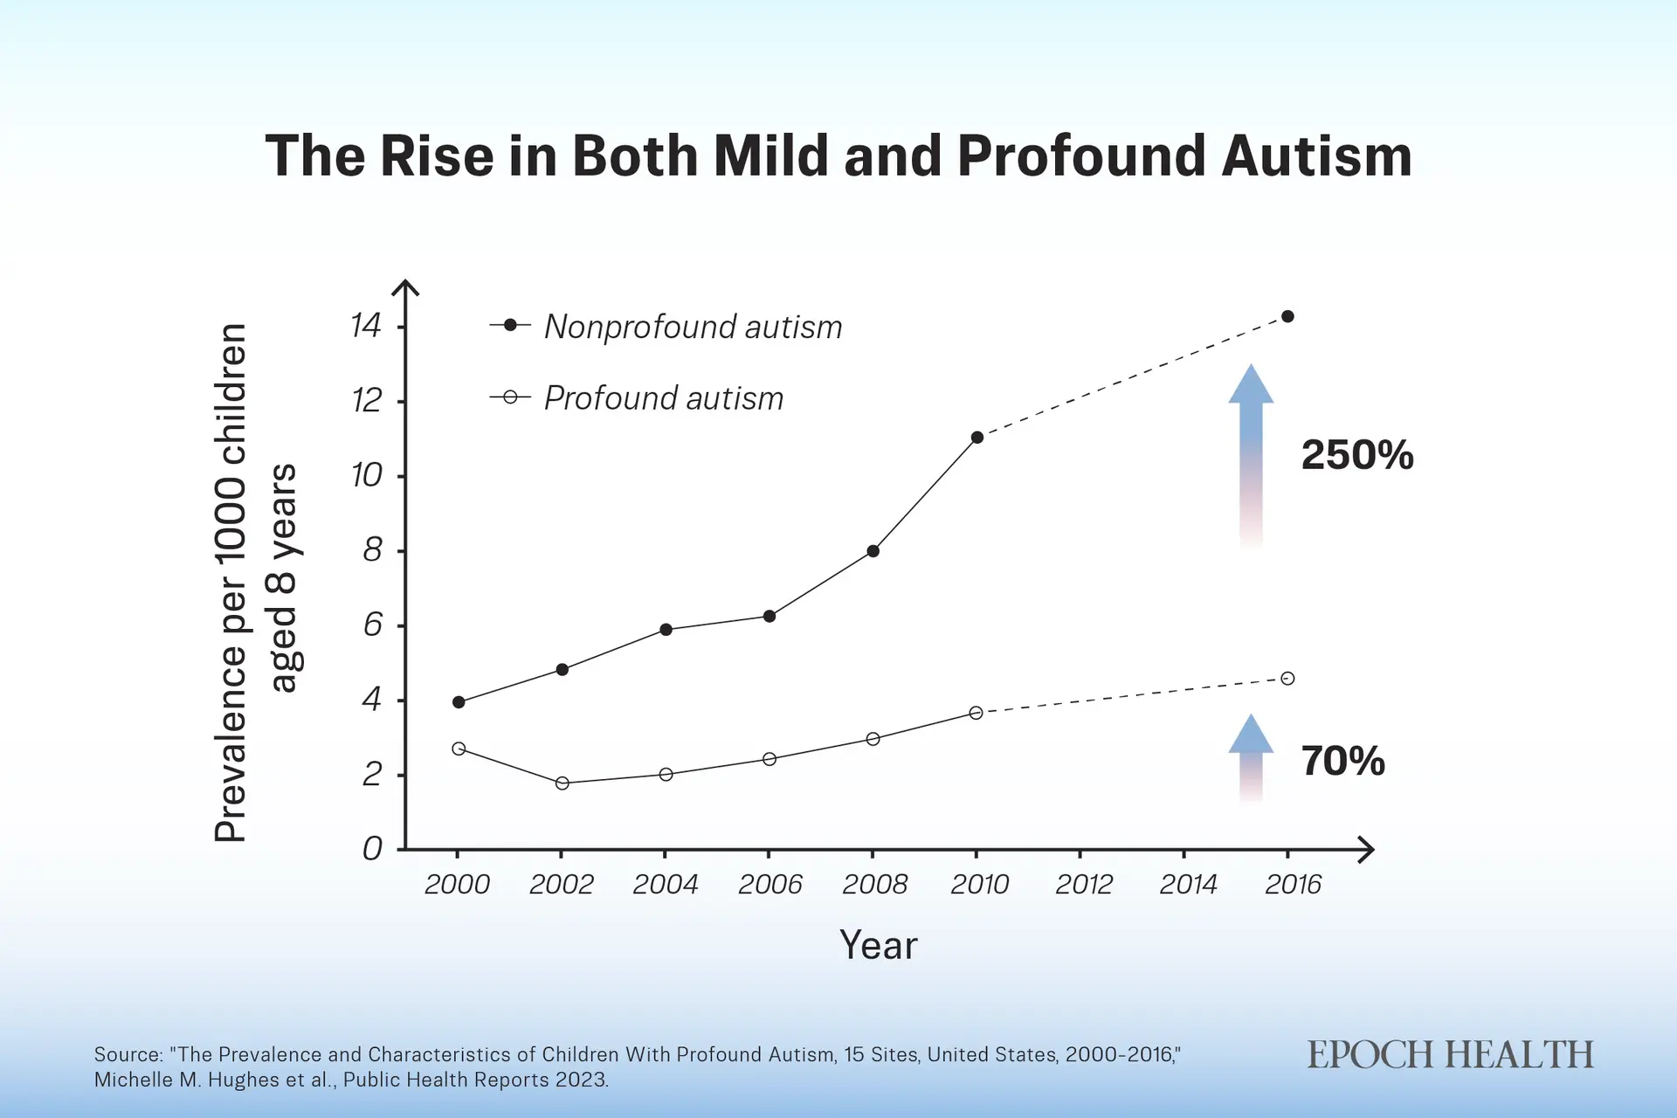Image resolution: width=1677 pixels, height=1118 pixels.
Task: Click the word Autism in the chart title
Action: pos(1316,156)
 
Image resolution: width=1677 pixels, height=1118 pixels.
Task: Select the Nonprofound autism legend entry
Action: pos(666,327)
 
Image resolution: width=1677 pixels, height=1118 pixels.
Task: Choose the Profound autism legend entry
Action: pos(637,398)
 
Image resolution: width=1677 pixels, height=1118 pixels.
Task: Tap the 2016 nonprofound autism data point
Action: pos(1287,316)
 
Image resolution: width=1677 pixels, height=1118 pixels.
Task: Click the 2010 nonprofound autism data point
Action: pos(977,438)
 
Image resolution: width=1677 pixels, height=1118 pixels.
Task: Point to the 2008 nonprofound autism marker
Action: pos(873,551)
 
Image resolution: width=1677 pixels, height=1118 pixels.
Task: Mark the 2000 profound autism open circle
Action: pos(459,749)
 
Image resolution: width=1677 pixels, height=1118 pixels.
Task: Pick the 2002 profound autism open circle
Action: pos(562,783)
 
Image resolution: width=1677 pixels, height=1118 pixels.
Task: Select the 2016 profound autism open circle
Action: pos(1287,679)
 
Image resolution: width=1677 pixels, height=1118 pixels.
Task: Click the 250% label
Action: pos(1357,455)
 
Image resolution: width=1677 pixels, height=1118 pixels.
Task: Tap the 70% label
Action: pos(1342,761)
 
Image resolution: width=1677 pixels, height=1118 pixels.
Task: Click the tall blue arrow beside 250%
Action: pos(1251,456)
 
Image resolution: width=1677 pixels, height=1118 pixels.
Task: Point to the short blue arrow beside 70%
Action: pos(1251,757)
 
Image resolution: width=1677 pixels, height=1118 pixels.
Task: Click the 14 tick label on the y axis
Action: pos(366,326)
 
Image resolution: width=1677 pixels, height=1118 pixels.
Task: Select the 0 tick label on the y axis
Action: pos(373,848)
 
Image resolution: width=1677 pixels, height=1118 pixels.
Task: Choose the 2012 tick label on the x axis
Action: pos(1084,885)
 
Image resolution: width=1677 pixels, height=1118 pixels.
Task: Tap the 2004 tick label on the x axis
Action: pos(666,885)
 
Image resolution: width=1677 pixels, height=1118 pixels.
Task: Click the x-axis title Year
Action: pos(879,945)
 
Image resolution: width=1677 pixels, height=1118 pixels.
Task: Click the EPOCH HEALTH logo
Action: pos(1450,1055)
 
